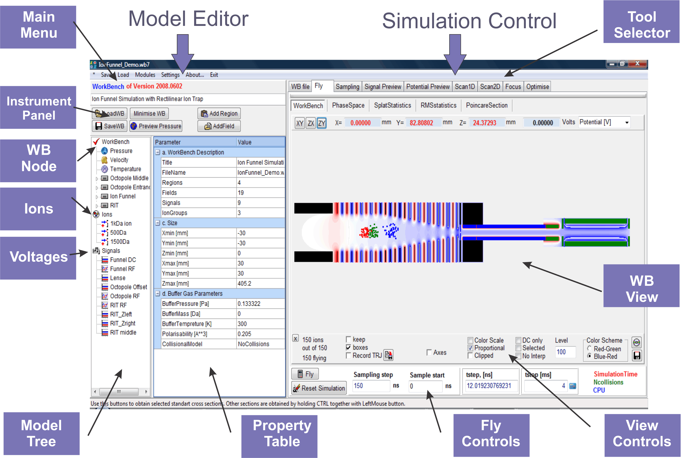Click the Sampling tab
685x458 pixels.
coord(347,87)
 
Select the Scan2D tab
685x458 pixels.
coord(490,87)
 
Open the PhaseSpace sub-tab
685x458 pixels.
coord(348,105)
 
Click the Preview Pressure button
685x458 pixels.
coord(156,126)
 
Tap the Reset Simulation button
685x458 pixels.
coord(319,388)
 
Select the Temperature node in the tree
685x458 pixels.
coord(125,169)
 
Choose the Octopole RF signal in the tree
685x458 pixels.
coord(125,296)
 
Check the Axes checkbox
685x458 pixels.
coord(429,353)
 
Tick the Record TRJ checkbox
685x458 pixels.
coord(348,356)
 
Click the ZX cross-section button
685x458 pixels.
coord(311,123)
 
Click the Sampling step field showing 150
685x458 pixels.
coord(370,386)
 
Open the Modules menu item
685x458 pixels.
coord(145,75)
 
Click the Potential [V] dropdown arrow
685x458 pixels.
coord(627,123)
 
